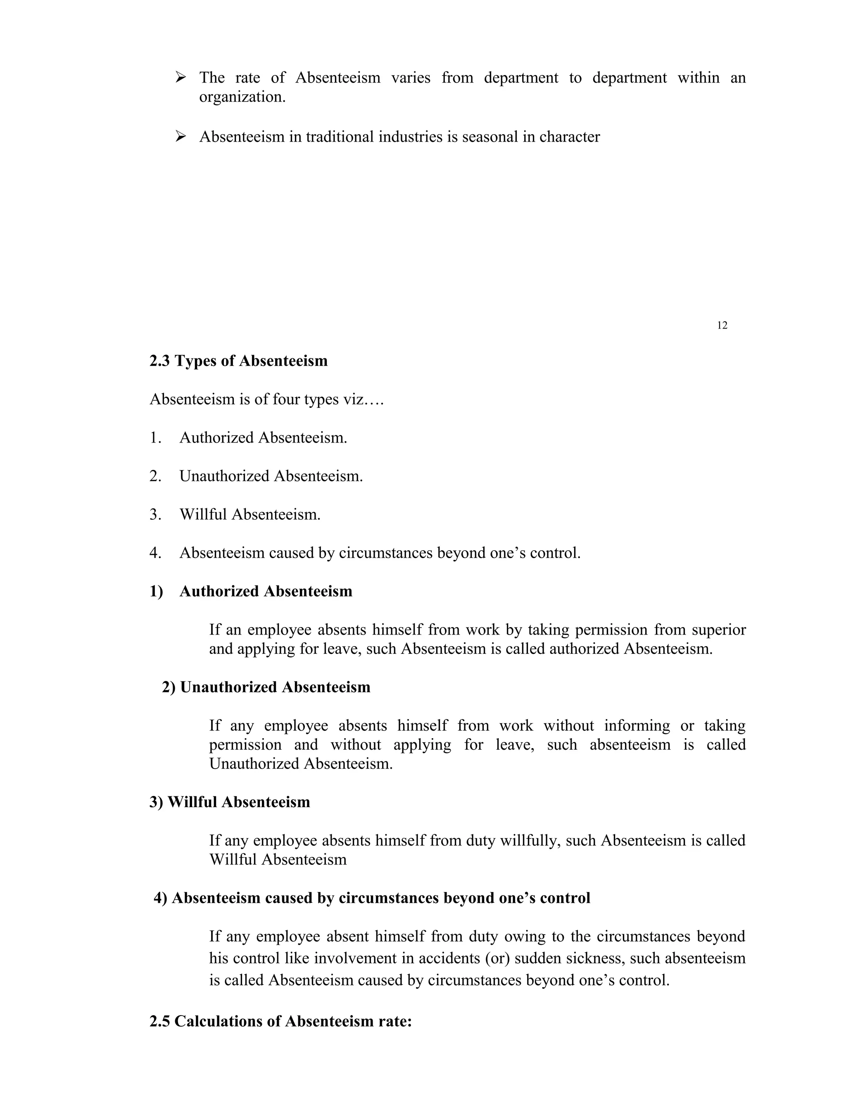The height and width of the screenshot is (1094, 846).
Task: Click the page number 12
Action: click(x=722, y=326)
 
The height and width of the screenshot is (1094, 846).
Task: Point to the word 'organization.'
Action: click(x=242, y=97)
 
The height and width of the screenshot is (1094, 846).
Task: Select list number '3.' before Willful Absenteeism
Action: click(x=155, y=514)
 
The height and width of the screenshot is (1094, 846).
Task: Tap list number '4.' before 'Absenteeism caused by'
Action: click(x=155, y=553)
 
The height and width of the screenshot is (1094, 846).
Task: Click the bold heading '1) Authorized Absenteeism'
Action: click(x=251, y=592)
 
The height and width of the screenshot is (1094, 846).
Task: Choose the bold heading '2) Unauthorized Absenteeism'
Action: click(x=266, y=687)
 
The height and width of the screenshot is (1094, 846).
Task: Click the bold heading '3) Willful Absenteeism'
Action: click(x=230, y=802)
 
